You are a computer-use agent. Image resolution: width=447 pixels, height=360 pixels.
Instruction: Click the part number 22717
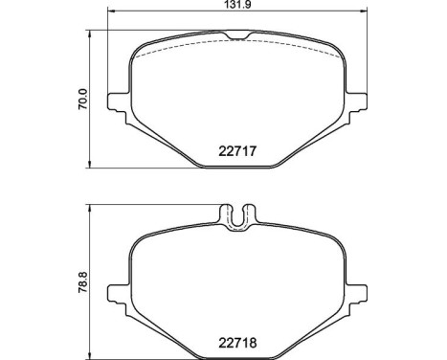(237, 150)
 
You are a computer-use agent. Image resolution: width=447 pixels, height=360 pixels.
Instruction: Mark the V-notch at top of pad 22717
(238, 36)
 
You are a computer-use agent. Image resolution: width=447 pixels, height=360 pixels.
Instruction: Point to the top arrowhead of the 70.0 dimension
(91, 34)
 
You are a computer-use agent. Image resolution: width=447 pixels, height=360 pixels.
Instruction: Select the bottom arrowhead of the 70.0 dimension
(91, 165)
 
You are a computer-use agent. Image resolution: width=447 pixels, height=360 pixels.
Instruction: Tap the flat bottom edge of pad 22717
(238, 167)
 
